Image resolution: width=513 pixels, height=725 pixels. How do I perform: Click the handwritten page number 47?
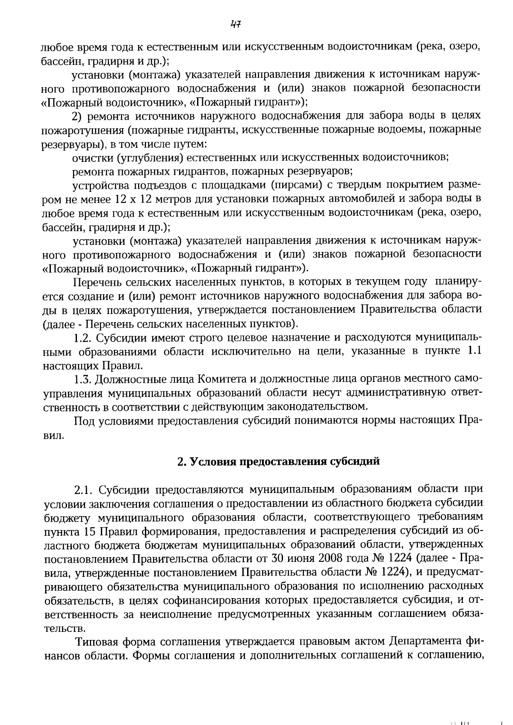[x=236, y=24]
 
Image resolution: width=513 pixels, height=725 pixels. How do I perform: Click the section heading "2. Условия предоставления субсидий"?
[x=278, y=462]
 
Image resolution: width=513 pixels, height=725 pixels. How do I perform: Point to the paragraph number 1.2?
[x=83, y=338]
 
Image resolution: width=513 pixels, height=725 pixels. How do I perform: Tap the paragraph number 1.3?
[x=83, y=379]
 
